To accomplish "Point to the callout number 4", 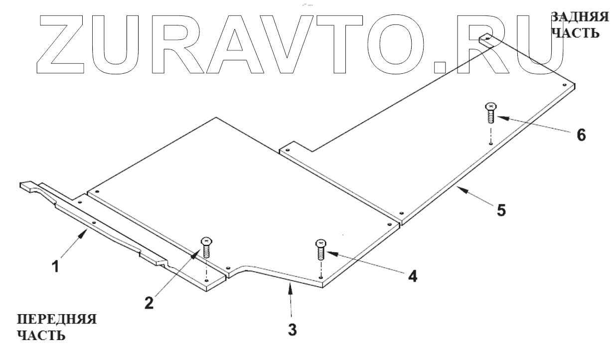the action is [411, 276].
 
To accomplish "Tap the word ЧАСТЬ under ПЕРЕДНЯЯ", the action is [41, 336].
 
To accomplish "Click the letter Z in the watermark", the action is [64, 44].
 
